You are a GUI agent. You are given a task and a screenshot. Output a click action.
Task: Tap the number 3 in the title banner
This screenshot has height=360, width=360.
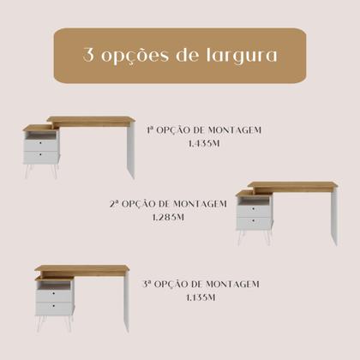[x=89, y=56]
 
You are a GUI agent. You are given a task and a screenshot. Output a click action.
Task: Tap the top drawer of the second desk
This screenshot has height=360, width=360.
[x=255, y=208]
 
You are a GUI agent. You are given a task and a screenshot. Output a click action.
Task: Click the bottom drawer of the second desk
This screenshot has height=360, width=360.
[x=255, y=222]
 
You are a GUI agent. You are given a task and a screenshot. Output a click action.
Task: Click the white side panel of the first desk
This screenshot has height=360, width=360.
[x=131, y=148]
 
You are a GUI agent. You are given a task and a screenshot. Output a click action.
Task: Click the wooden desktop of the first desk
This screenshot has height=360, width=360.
[x=90, y=120]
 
